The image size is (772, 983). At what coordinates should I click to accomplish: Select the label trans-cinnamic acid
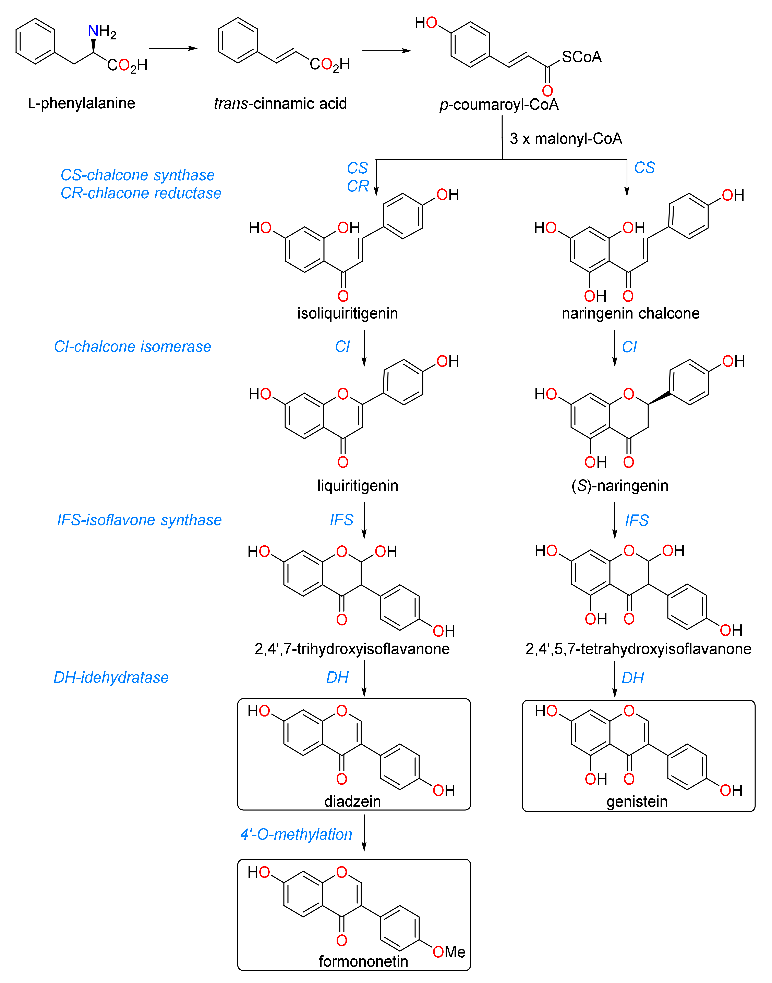[x=280, y=103]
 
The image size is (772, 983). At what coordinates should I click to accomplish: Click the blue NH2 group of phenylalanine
[x=102, y=32]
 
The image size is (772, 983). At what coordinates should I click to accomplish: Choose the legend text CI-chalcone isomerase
[x=132, y=347]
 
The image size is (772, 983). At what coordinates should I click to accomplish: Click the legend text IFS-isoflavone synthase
[x=139, y=520]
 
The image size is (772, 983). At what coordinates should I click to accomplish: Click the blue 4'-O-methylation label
[x=296, y=834]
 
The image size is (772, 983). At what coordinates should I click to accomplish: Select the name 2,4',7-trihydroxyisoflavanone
[x=352, y=649]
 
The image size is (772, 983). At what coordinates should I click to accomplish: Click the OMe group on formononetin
[x=449, y=952]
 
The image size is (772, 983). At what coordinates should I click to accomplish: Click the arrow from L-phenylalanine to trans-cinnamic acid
[x=173, y=48]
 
